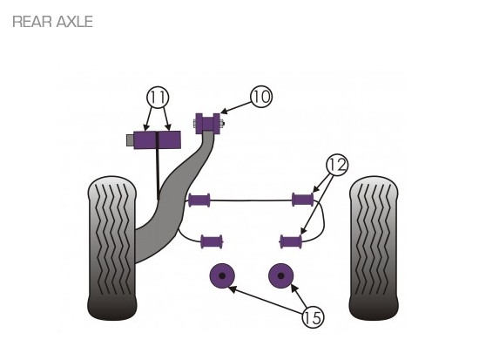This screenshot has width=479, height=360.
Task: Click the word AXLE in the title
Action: [x=75, y=22]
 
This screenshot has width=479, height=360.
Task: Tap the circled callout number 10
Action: [x=261, y=97]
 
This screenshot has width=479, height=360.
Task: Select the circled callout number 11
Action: [x=158, y=98]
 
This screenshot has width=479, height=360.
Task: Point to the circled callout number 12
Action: [x=337, y=165]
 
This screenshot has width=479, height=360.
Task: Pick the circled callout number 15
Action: [x=313, y=317]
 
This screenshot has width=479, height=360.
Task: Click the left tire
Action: [x=111, y=248]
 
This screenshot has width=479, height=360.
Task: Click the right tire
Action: [x=374, y=248]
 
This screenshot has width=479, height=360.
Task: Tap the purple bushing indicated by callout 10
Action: [x=208, y=123]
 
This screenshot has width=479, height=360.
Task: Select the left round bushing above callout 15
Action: [x=222, y=275]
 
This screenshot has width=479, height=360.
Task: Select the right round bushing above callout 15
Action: [x=281, y=275]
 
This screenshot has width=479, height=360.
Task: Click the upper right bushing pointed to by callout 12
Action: [x=303, y=200]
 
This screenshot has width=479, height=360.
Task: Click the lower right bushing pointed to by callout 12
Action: [x=291, y=241]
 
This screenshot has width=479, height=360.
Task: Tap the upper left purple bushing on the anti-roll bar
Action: [x=199, y=200]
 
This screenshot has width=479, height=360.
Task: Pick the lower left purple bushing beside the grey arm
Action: [x=212, y=241]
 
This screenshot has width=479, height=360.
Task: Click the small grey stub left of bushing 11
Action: [x=130, y=140]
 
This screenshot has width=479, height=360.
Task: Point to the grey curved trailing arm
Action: [x=171, y=199]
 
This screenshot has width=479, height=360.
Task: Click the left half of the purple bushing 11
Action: [x=145, y=140]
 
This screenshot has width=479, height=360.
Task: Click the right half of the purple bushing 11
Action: [x=170, y=140]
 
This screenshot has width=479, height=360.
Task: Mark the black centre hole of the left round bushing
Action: [x=222, y=275]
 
